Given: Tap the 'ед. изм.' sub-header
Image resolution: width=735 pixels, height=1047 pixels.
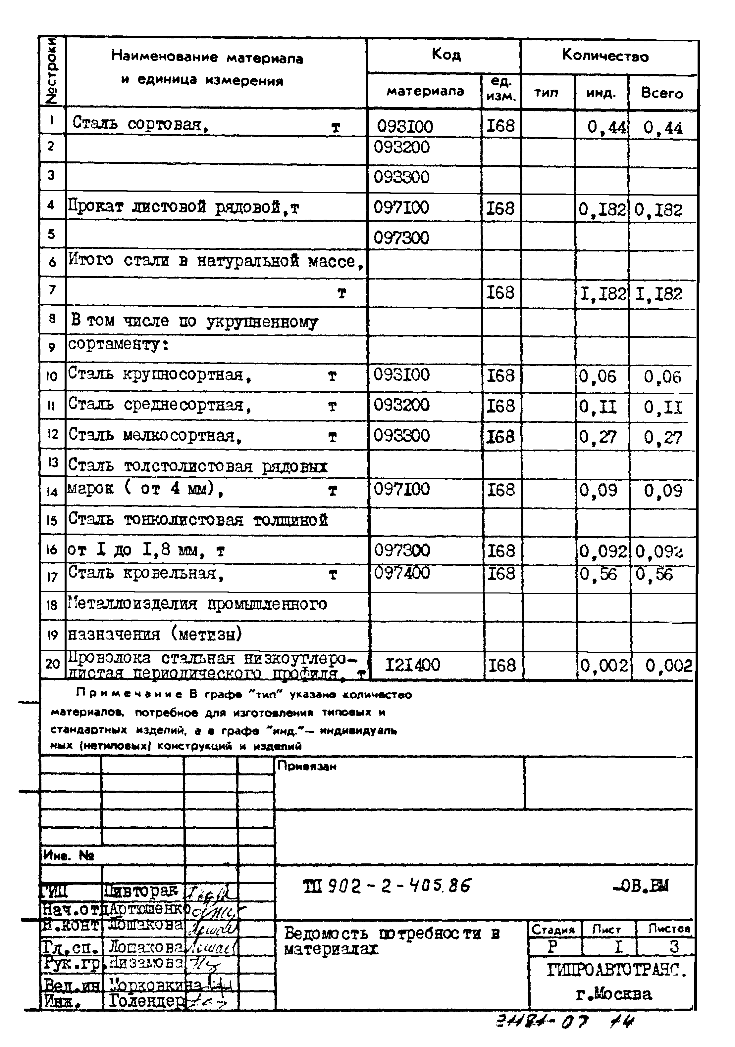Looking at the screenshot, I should (x=501, y=89).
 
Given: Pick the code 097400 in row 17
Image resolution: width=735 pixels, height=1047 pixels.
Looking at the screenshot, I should (x=402, y=573).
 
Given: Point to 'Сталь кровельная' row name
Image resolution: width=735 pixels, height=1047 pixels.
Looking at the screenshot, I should (x=146, y=573).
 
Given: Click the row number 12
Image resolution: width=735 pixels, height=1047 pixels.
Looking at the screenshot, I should (x=52, y=434).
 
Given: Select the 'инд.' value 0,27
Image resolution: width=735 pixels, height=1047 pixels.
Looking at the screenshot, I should (x=598, y=437).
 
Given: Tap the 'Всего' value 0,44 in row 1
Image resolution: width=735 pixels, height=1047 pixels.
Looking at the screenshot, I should (x=663, y=128).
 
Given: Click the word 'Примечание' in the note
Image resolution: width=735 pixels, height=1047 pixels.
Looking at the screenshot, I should (x=129, y=694).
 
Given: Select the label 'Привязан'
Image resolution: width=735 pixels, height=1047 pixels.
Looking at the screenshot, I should (x=307, y=766).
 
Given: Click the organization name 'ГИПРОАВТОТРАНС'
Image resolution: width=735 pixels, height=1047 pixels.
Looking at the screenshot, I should (x=616, y=970).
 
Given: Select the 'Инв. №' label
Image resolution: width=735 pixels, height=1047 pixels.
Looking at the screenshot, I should (x=69, y=855).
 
